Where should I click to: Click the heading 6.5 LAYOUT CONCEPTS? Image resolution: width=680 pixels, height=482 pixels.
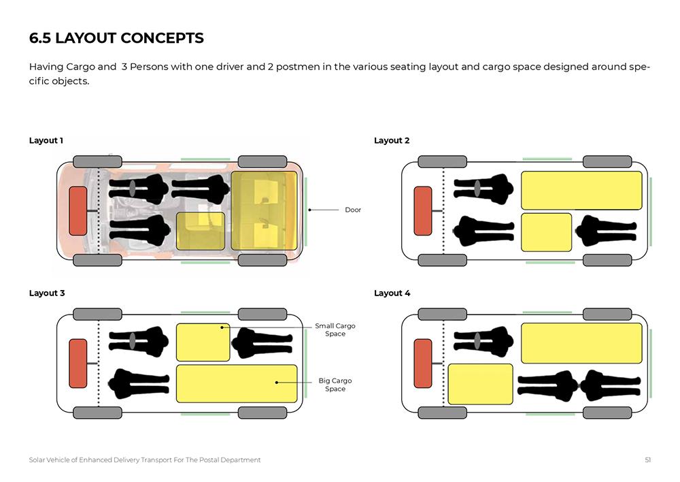point(116,38)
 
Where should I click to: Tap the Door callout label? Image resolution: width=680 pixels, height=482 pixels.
point(353,210)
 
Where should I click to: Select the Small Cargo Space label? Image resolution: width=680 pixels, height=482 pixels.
point(335,330)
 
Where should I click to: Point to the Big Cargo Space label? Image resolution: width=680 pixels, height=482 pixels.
point(335,385)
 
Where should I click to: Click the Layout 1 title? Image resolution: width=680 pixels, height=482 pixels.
point(46,140)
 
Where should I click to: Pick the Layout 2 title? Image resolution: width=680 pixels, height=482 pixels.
point(392,140)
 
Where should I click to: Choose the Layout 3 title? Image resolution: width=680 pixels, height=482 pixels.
point(47,293)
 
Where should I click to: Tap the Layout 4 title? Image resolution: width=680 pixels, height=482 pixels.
point(392,293)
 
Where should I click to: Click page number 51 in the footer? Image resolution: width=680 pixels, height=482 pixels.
point(648,460)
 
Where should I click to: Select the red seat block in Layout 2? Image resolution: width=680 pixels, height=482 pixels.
point(423,210)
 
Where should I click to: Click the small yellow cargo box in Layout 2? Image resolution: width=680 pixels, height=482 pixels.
point(547,232)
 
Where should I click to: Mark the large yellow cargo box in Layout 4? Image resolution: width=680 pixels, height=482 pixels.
point(581,343)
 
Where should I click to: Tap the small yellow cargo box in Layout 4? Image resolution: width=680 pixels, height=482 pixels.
point(481,384)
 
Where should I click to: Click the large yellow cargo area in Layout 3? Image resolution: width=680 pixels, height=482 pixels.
point(237,383)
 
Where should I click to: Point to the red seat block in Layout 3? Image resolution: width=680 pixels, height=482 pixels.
point(78,363)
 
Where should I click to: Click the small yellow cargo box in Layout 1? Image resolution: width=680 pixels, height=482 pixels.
point(201,231)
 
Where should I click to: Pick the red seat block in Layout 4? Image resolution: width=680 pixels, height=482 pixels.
point(423,363)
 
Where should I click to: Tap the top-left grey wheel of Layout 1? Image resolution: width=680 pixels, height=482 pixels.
point(97,162)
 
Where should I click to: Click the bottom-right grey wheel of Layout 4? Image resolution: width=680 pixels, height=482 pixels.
point(607,413)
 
